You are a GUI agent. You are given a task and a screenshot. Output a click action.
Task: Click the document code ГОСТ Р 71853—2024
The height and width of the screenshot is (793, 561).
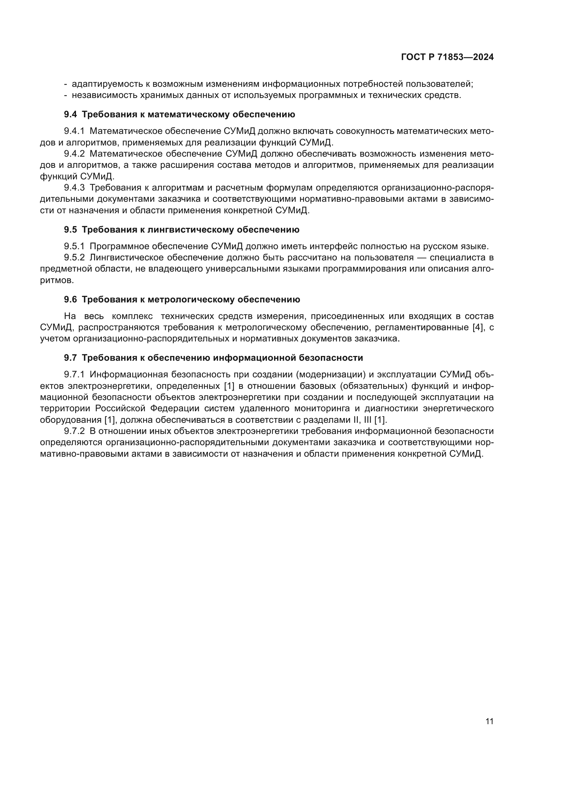point(447,57)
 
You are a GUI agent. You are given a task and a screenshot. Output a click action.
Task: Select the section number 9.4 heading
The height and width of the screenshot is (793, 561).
point(70,115)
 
